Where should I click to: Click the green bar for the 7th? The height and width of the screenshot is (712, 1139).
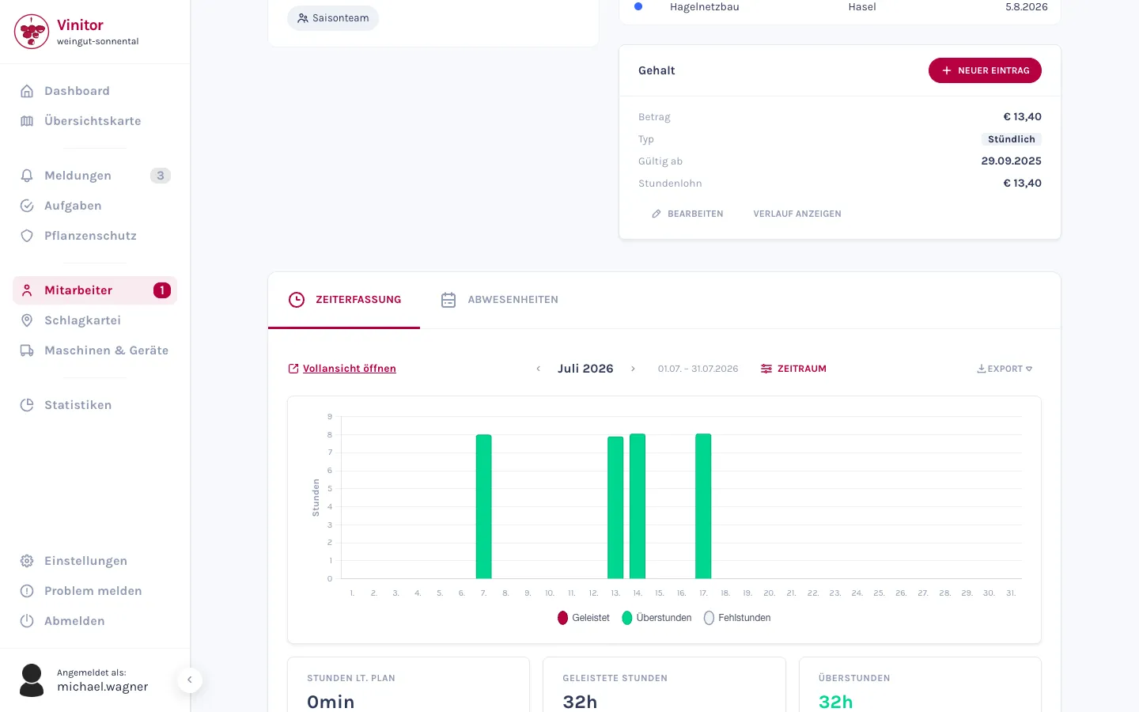(x=483, y=506)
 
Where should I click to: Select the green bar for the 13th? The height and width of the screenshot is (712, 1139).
(x=615, y=508)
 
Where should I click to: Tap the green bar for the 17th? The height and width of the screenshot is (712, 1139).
(x=703, y=506)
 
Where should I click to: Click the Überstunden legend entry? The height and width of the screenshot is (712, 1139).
(x=657, y=618)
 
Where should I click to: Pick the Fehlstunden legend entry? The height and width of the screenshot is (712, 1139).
(x=737, y=618)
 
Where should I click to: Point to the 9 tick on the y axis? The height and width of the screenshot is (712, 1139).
(x=330, y=416)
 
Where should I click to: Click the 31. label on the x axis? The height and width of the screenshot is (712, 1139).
(x=1011, y=593)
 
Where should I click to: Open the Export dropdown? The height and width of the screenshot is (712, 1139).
(x=1005, y=369)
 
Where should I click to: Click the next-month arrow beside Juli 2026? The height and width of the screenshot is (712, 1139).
(x=633, y=369)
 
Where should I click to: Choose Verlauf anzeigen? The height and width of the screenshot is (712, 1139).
(x=797, y=214)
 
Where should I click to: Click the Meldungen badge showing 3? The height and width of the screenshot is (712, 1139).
(x=160, y=176)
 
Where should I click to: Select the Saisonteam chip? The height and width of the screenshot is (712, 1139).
(x=333, y=18)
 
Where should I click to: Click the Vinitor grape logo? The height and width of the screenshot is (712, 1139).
(x=32, y=32)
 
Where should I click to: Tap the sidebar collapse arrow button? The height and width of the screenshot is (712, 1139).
(x=190, y=680)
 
